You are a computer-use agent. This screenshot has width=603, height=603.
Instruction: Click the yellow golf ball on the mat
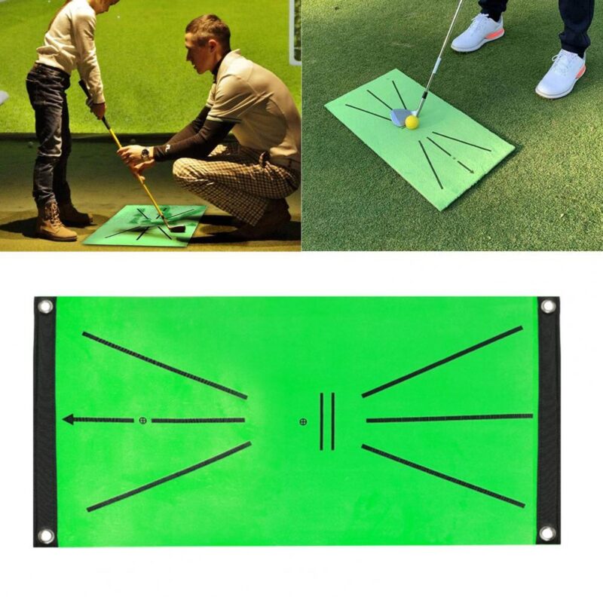[412, 121]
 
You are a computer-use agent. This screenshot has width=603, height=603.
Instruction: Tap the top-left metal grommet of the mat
[45, 307]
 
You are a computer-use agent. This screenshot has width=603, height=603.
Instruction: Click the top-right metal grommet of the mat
[548, 306]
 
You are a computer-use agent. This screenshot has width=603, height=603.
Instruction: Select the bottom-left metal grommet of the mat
[46, 535]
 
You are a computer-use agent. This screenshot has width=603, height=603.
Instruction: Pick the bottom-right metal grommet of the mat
[547, 533]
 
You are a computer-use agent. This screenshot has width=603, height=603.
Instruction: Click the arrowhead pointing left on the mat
[69, 419]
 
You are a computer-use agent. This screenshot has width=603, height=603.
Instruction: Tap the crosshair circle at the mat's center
[303, 421]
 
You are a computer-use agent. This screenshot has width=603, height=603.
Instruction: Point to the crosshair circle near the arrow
[142, 420]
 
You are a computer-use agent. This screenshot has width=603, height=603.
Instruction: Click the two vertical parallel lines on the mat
[326, 421]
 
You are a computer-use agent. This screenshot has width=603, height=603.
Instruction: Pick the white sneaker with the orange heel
[562, 75]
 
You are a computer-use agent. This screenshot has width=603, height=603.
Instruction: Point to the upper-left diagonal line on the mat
[164, 366]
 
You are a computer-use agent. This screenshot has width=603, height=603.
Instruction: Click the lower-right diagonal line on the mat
[442, 476]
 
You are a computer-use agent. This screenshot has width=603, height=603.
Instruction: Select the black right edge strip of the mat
[548, 419]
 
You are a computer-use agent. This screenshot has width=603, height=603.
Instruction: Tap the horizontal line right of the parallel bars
[449, 418]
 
